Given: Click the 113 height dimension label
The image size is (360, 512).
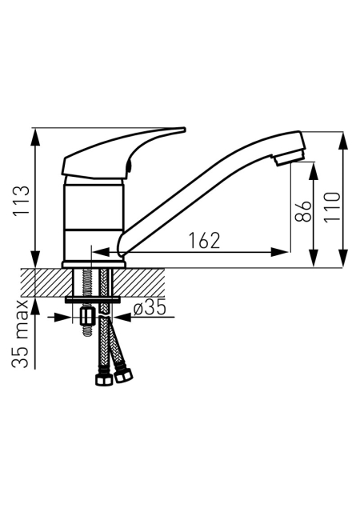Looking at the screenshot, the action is tap(21, 200).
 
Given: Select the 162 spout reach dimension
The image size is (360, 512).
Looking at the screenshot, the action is tap(205, 241).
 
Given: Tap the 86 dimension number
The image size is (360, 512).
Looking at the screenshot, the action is tap(303, 211).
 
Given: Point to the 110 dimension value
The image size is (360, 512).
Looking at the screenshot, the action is tap(332, 207).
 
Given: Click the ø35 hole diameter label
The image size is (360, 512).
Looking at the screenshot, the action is tap(150, 309).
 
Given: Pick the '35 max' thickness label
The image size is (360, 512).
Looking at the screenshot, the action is tap(20, 334).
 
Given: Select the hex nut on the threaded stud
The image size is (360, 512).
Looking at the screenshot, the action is tap(87, 316).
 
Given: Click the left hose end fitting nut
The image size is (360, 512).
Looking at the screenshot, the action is tap(104, 378).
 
